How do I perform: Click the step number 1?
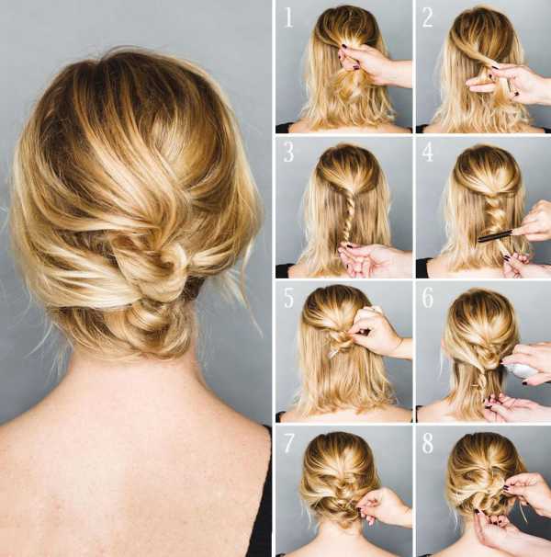point(288,17)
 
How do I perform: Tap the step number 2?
point(427,17)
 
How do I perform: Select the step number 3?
point(289,152)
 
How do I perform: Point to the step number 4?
point(428,152)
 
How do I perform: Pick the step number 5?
point(289,298)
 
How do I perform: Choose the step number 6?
point(428,298)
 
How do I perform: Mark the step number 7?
point(289,443)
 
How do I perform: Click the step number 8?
point(428,443)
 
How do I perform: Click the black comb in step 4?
point(496,236)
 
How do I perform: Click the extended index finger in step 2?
point(479,85)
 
